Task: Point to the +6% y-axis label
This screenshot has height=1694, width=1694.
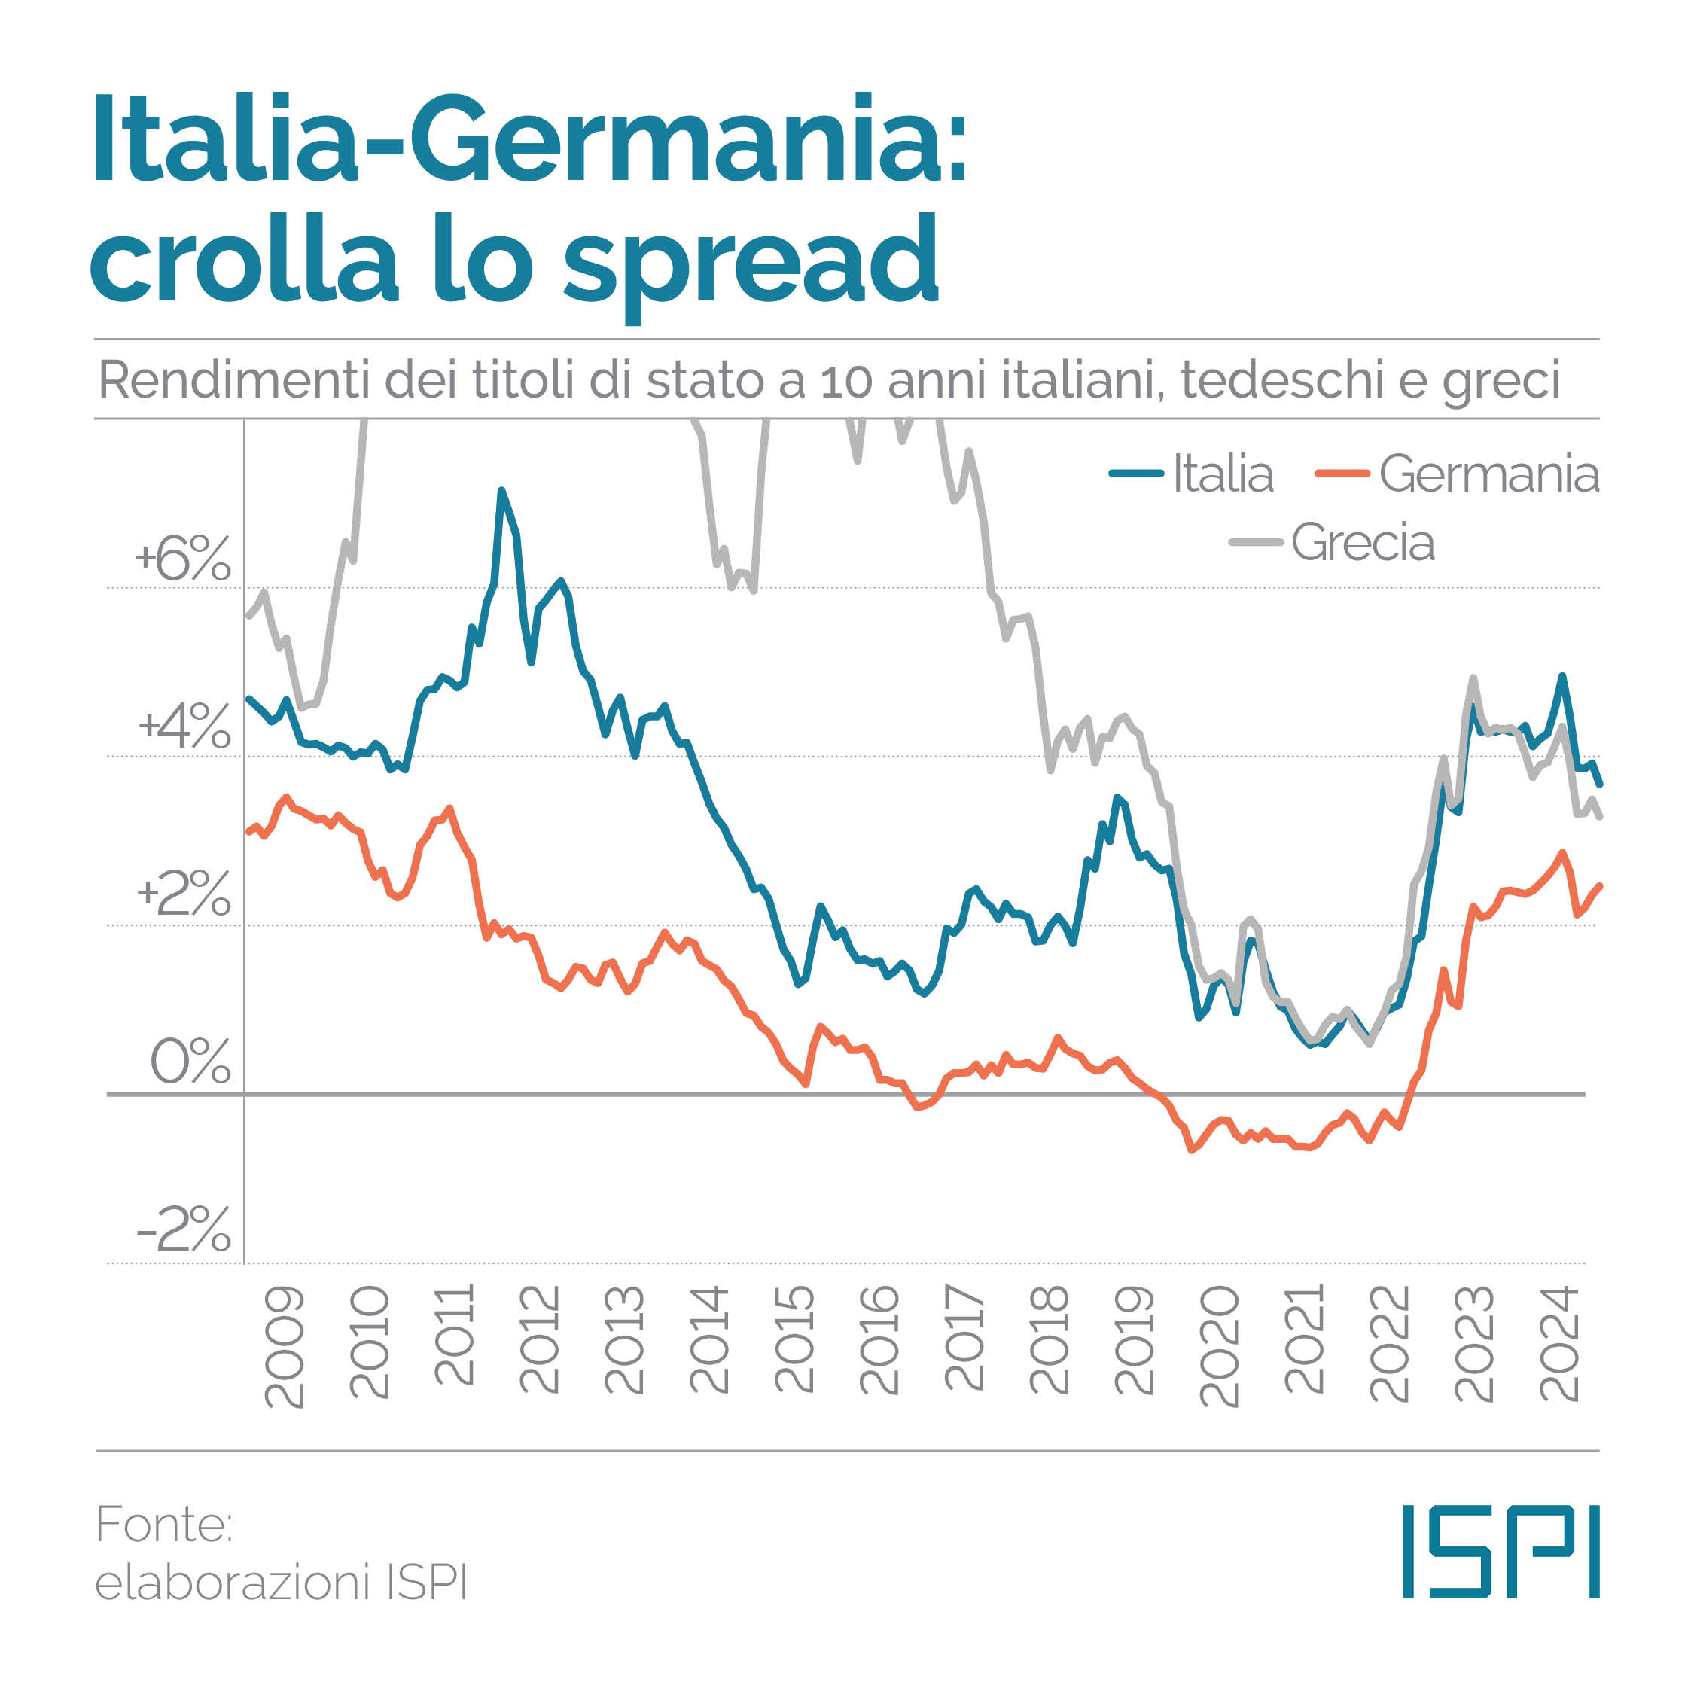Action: tap(182, 559)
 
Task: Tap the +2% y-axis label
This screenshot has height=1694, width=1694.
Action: tap(183, 894)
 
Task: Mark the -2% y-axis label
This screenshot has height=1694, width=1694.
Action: tap(183, 1229)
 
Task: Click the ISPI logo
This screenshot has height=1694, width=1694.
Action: tap(1501, 1551)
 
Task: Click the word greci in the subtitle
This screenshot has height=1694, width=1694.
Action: tap(1501, 382)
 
